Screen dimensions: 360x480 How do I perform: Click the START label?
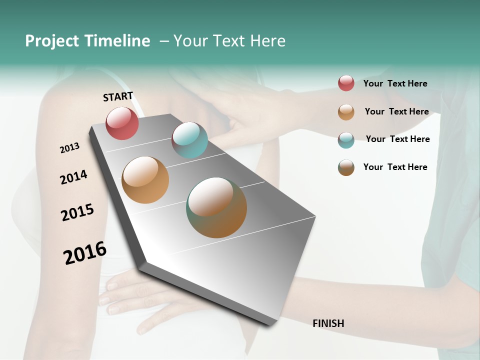coord(118,96)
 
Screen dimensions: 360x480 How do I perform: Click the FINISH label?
coord(328,323)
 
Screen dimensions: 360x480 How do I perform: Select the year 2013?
coord(69,148)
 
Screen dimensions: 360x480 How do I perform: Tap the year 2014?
coord(73,177)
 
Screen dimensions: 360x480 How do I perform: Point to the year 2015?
coord(77,212)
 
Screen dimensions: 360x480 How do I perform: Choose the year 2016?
coord(85,252)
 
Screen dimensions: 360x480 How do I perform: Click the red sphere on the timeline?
coord(122,123)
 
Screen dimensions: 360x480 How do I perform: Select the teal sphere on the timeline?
coord(189,140)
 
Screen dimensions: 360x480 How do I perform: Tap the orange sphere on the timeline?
coord(145,180)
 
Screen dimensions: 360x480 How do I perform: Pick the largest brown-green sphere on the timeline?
coord(216,207)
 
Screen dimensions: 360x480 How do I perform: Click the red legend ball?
coord(346,83)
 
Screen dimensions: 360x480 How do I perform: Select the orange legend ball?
coord(346,112)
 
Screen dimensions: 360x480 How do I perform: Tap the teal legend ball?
coord(346,140)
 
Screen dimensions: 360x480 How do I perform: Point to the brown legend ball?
coord(346,167)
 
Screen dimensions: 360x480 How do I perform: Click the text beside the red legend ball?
coord(395,84)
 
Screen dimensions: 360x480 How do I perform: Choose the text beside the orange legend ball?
coord(396,112)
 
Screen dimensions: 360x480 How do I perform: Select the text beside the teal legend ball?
coord(397,139)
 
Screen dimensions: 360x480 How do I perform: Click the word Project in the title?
coord(52,41)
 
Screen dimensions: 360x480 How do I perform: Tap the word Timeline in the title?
coord(117,41)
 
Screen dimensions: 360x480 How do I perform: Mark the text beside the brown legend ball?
coord(395,167)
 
